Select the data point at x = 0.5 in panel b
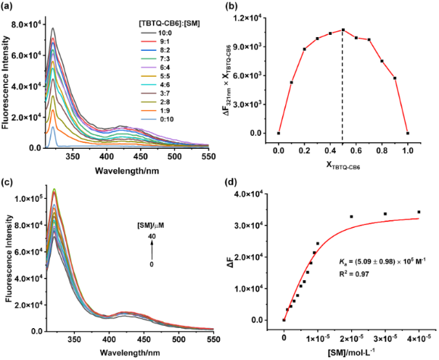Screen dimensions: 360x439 tap(343, 30)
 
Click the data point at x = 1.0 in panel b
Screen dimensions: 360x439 tap(408, 133)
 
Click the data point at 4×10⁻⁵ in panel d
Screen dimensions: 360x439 tap(419, 212)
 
